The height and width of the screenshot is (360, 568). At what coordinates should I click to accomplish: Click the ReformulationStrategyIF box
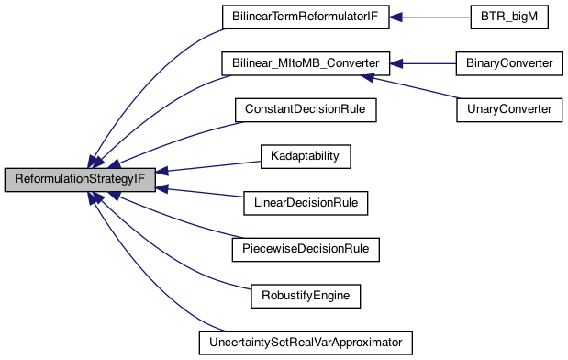(80, 179)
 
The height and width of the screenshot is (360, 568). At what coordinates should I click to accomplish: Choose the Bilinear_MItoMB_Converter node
(305, 63)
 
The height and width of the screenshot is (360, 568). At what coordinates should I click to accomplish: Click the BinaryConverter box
(507, 63)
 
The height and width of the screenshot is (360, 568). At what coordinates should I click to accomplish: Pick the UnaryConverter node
(507, 109)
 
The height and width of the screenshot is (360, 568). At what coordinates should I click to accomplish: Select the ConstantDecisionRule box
(305, 109)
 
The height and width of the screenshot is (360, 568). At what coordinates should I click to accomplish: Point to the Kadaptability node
(305, 156)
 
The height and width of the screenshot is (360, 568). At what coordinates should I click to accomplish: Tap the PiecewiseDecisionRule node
(305, 249)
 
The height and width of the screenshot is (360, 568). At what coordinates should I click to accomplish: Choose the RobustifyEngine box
(305, 296)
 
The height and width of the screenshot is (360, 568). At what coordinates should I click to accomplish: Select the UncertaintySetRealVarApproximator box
(305, 343)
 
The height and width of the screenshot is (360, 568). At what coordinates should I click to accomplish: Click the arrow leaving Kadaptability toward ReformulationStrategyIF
(211, 166)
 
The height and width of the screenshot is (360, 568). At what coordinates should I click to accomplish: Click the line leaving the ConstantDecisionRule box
(184, 134)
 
